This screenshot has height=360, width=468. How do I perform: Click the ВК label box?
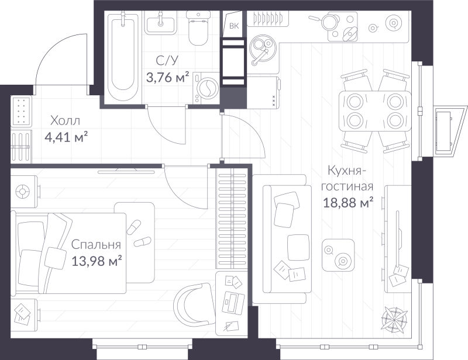point(234,26)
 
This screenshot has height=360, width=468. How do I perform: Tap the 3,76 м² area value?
point(167,77)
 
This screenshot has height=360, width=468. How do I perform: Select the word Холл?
point(65,121)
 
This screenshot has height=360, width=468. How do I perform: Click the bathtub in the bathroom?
point(123,54)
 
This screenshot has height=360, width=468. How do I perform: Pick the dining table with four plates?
point(374,111)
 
